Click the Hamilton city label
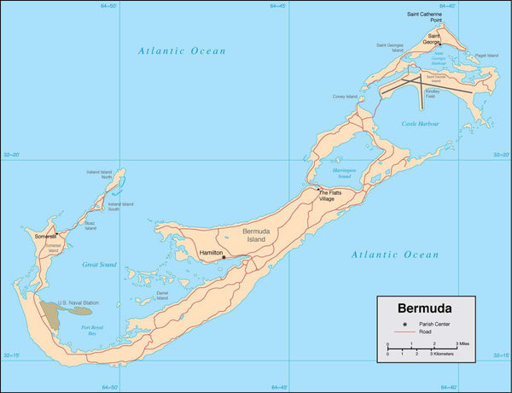tap(210, 253)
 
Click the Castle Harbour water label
tap(420, 124)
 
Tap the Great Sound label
tap(100, 266)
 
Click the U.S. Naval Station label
tap(79, 303)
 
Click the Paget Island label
tap(486, 56)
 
